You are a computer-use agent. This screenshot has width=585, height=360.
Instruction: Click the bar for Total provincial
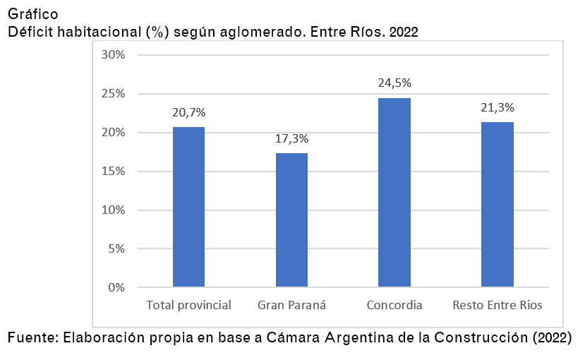pyautogui.click(x=188, y=207)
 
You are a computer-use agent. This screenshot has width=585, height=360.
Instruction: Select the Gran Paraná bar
pyautogui.click(x=291, y=220)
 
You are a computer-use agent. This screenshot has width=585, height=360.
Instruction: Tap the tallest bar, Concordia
pyautogui.click(x=394, y=192)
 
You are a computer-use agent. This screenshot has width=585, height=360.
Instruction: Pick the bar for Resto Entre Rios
pyautogui.click(x=497, y=204)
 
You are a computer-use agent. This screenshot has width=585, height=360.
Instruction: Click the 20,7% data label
pyautogui.click(x=188, y=112)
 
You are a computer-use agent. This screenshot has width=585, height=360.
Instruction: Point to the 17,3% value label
pyautogui.click(x=291, y=138)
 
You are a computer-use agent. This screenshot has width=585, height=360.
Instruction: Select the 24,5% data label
pyautogui.click(x=394, y=83)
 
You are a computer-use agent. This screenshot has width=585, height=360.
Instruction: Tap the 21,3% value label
pyautogui.click(x=497, y=108)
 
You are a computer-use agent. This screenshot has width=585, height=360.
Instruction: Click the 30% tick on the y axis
pyautogui.click(x=114, y=55)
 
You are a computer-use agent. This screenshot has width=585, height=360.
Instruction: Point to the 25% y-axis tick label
pyautogui.click(x=114, y=94)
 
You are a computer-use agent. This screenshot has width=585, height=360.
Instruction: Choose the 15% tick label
pyautogui.click(x=114, y=172)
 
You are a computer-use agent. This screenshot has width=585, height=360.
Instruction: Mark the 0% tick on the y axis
pyautogui.click(x=116, y=287)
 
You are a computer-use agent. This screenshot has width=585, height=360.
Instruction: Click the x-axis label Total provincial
pyautogui.click(x=188, y=306)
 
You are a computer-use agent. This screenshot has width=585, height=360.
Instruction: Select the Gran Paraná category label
pyautogui.click(x=291, y=306)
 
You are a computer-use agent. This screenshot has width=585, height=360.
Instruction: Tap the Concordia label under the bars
pyautogui.click(x=394, y=306)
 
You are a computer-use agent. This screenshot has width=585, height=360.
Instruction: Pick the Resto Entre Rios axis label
pyautogui.click(x=497, y=306)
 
